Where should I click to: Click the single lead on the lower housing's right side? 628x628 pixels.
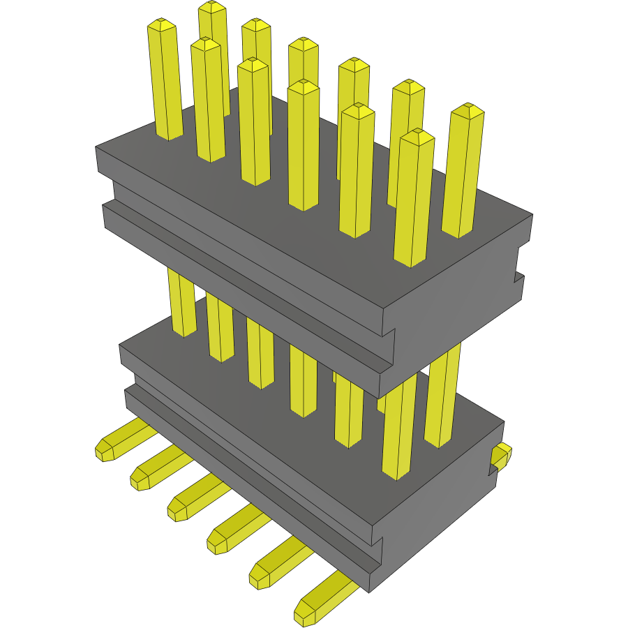click(x=501, y=456)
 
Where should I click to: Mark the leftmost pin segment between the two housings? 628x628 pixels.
click(x=182, y=304)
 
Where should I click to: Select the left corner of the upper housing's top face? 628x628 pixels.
click(x=97, y=148)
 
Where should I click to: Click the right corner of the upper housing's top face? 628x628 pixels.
click(x=532, y=215)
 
